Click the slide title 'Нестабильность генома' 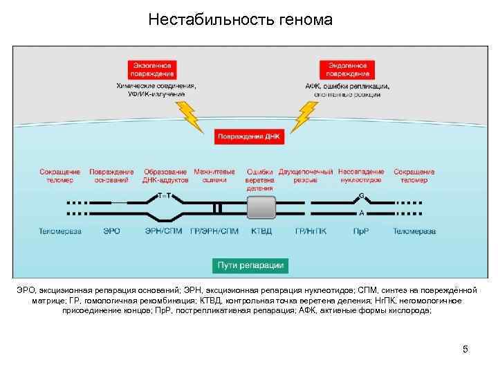(240, 19)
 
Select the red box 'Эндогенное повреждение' (347, 69)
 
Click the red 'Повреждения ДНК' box (249, 136)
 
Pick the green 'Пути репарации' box (250, 265)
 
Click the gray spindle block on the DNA (261, 207)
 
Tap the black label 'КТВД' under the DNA (261, 231)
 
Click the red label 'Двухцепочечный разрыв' (306, 175)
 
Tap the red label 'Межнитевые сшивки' (214, 175)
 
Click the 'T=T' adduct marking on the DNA (165, 195)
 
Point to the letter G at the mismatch (361, 195)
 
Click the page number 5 (465, 348)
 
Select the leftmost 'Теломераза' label (60, 231)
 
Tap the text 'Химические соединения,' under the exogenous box (156, 86)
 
